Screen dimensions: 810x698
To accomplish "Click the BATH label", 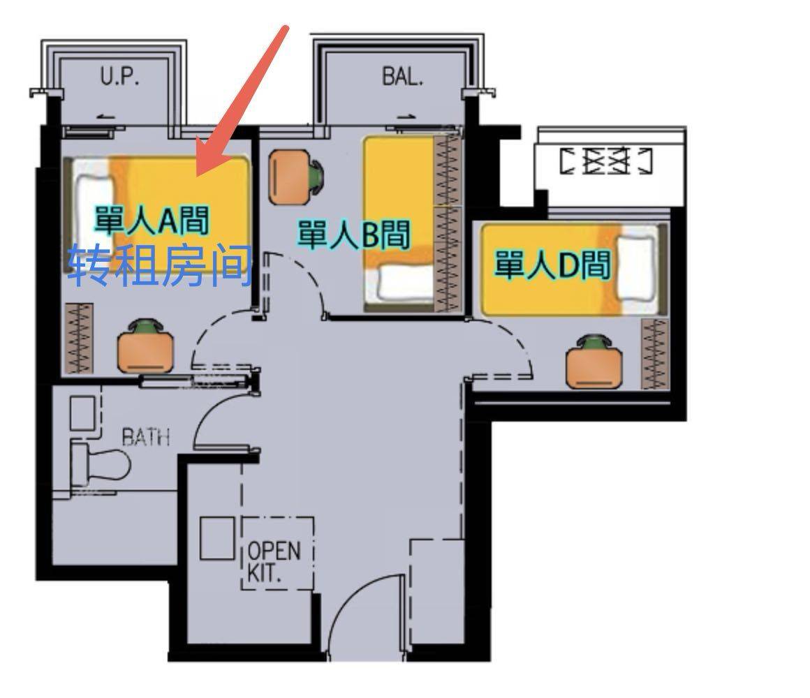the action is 146,437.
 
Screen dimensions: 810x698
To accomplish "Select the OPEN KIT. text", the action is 274,561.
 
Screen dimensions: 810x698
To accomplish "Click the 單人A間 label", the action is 151,221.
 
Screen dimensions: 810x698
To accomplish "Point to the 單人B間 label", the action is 354,235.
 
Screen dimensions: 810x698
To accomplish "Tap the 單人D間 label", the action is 553,265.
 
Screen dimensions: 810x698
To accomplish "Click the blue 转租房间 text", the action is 160,266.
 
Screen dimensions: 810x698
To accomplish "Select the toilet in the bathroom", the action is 101,463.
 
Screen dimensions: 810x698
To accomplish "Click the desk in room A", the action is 145,352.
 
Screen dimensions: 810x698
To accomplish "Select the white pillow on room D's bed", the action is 636,268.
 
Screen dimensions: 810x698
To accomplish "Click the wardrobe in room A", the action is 80,338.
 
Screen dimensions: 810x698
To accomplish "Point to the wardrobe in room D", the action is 654,354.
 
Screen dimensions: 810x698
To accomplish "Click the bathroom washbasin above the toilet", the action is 83,413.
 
